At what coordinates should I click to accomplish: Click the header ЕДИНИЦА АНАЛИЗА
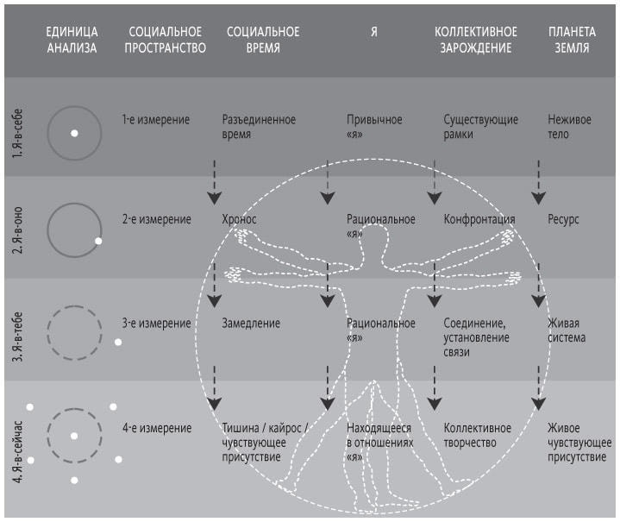(x=72, y=40)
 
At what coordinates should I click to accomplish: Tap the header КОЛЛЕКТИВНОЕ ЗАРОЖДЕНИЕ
(x=473, y=40)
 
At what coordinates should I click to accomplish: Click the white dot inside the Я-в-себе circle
(x=74, y=133)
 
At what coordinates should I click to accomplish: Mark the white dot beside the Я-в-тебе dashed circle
(x=118, y=343)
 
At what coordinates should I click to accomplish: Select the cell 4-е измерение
(x=156, y=428)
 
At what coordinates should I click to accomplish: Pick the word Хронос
(x=240, y=220)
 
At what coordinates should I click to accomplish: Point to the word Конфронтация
(x=479, y=220)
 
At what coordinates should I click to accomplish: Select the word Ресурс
(x=563, y=220)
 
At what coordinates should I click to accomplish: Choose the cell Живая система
(x=567, y=330)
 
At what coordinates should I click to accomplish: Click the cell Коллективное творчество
(x=478, y=435)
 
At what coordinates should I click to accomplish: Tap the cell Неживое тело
(x=569, y=127)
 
